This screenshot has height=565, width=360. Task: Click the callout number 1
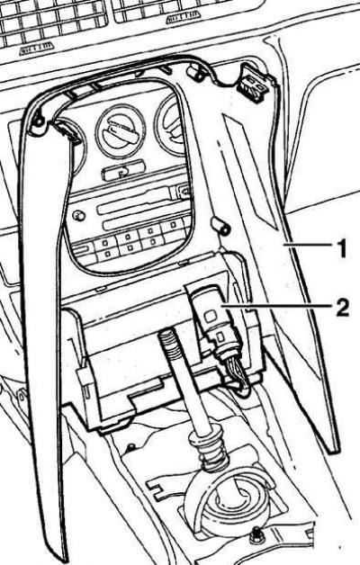tap(341, 248)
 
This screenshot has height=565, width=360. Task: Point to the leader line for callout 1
tap(307, 246)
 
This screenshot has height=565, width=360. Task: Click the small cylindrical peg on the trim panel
tap(221, 227)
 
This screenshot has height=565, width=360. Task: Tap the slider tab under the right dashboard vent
tap(184, 16)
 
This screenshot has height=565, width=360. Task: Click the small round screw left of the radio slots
tap(77, 216)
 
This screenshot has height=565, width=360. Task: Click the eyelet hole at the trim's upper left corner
tap(38, 121)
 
